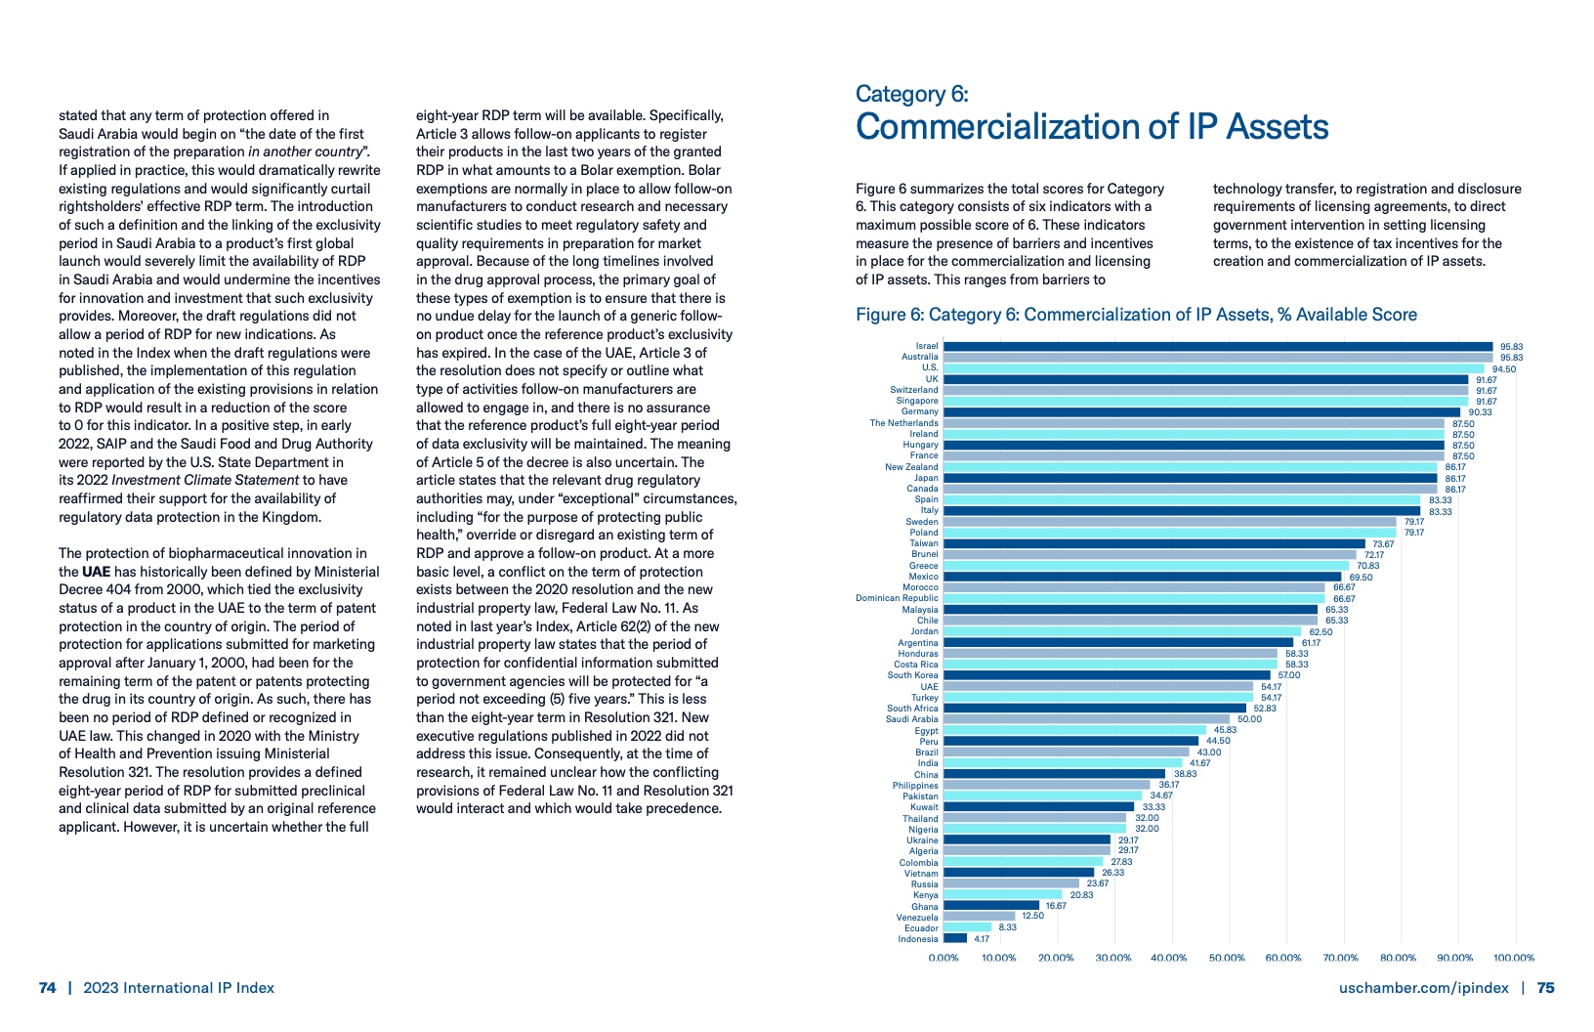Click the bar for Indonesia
click(955, 938)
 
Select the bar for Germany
click(1201, 411)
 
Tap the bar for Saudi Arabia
click(1086, 718)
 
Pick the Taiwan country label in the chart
click(923, 543)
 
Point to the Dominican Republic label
click(897, 598)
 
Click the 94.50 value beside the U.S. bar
click(1504, 368)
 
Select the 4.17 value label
click(982, 939)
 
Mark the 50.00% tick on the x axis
click(1227, 958)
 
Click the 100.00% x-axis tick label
click(1514, 958)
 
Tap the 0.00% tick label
click(944, 958)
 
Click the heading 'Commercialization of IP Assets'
click(1092, 127)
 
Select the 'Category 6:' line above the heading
click(911, 94)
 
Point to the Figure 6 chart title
click(1136, 315)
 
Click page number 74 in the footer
click(47, 988)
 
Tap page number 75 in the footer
click(1545, 988)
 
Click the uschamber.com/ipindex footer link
click(1423, 988)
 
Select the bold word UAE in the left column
click(96, 572)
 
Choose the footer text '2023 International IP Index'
click(179, 988)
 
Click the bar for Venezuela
click(979, 917)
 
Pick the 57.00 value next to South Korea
click(1288, 675)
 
